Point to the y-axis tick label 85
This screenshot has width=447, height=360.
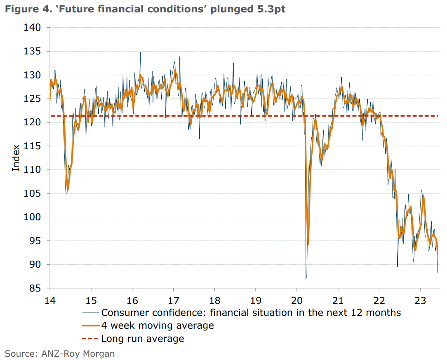point(36,288)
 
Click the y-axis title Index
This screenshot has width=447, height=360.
point(16,158)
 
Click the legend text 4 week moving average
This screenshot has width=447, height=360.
point(158,325)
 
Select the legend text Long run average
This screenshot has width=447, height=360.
point(143,339)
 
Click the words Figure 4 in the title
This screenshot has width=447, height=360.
point(24,9)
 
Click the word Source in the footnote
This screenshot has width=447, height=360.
point(20,353)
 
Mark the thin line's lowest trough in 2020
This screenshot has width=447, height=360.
point(306,278)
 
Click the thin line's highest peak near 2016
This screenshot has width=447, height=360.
point(140,52)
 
